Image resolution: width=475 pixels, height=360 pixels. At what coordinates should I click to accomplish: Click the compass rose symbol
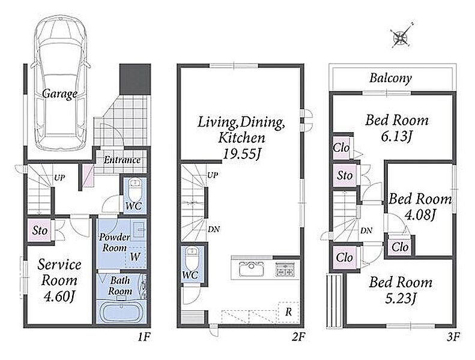pyautogui.click(x=401, y=36)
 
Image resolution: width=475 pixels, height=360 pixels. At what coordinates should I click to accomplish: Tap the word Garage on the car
pyautogui.click(x=59, y=94)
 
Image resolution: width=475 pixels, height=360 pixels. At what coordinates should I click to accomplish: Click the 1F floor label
pyautogui.click(x=144, y=337)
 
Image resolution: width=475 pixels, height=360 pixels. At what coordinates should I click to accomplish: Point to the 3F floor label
pyautogui.click(x=453, y=337)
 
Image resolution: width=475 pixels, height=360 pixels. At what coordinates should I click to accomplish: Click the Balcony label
pyautogui.click(x=390, y=78)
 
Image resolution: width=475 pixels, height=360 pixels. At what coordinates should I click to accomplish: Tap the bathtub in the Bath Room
pyautogui.click(x=121, y=311)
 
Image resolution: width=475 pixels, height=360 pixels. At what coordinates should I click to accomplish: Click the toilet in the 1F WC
pyautogui.click(x=135, y=188)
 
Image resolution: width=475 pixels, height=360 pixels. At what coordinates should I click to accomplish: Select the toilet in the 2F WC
pyautogui.click(x=191, y=258)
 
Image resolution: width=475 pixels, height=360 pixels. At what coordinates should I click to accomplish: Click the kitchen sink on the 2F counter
pyautogui.click(x=252, y=269)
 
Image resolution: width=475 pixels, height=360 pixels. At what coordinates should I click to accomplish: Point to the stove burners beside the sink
pyautogui.click(x=285, y=269)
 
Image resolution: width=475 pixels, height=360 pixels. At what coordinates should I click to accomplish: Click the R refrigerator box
pyautogui.click(x=288, y=311)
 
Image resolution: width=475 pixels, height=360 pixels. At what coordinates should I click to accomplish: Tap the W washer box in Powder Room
pyautogui.click(x=135, y=256)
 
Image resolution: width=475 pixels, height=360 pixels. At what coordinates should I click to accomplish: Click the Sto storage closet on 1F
pyautogui.click(x=40, y=230)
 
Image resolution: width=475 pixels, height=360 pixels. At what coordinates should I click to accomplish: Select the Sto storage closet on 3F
pyautogui.click(x=345, y=175)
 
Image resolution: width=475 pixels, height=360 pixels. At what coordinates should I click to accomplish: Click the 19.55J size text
pyautogui.click(x=241, y=154)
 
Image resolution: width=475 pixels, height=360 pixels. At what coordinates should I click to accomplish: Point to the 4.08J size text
pyautogui.click(x=420, y=215)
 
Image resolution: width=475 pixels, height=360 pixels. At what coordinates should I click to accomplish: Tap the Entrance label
pyautogui.click(x=122, y=160)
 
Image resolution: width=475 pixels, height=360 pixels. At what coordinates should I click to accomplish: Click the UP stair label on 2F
pyautogui.click(x=213, y=175)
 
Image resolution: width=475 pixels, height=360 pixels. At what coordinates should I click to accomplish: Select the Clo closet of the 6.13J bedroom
pyautogui.click(x=341, y=148)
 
